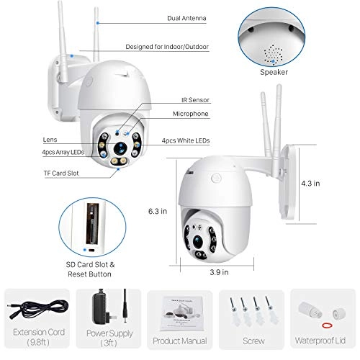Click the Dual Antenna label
point(186,18)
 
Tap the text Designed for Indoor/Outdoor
point(167,47)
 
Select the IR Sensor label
point(195,100)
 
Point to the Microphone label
point(191,114)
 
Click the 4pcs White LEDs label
point(186,140)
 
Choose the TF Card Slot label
point(61,173)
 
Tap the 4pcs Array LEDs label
point(63,152)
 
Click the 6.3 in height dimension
point(158,211)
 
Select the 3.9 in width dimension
point(219,272)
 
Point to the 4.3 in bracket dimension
point(310,184)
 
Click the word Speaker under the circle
point(274,72)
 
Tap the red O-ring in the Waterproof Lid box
point(327,325)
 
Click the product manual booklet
point(182,313)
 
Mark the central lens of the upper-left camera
point(120,148)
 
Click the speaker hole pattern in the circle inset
point(273,54)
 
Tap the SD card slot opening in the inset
point(92,224)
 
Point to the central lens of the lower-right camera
point(198,242)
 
